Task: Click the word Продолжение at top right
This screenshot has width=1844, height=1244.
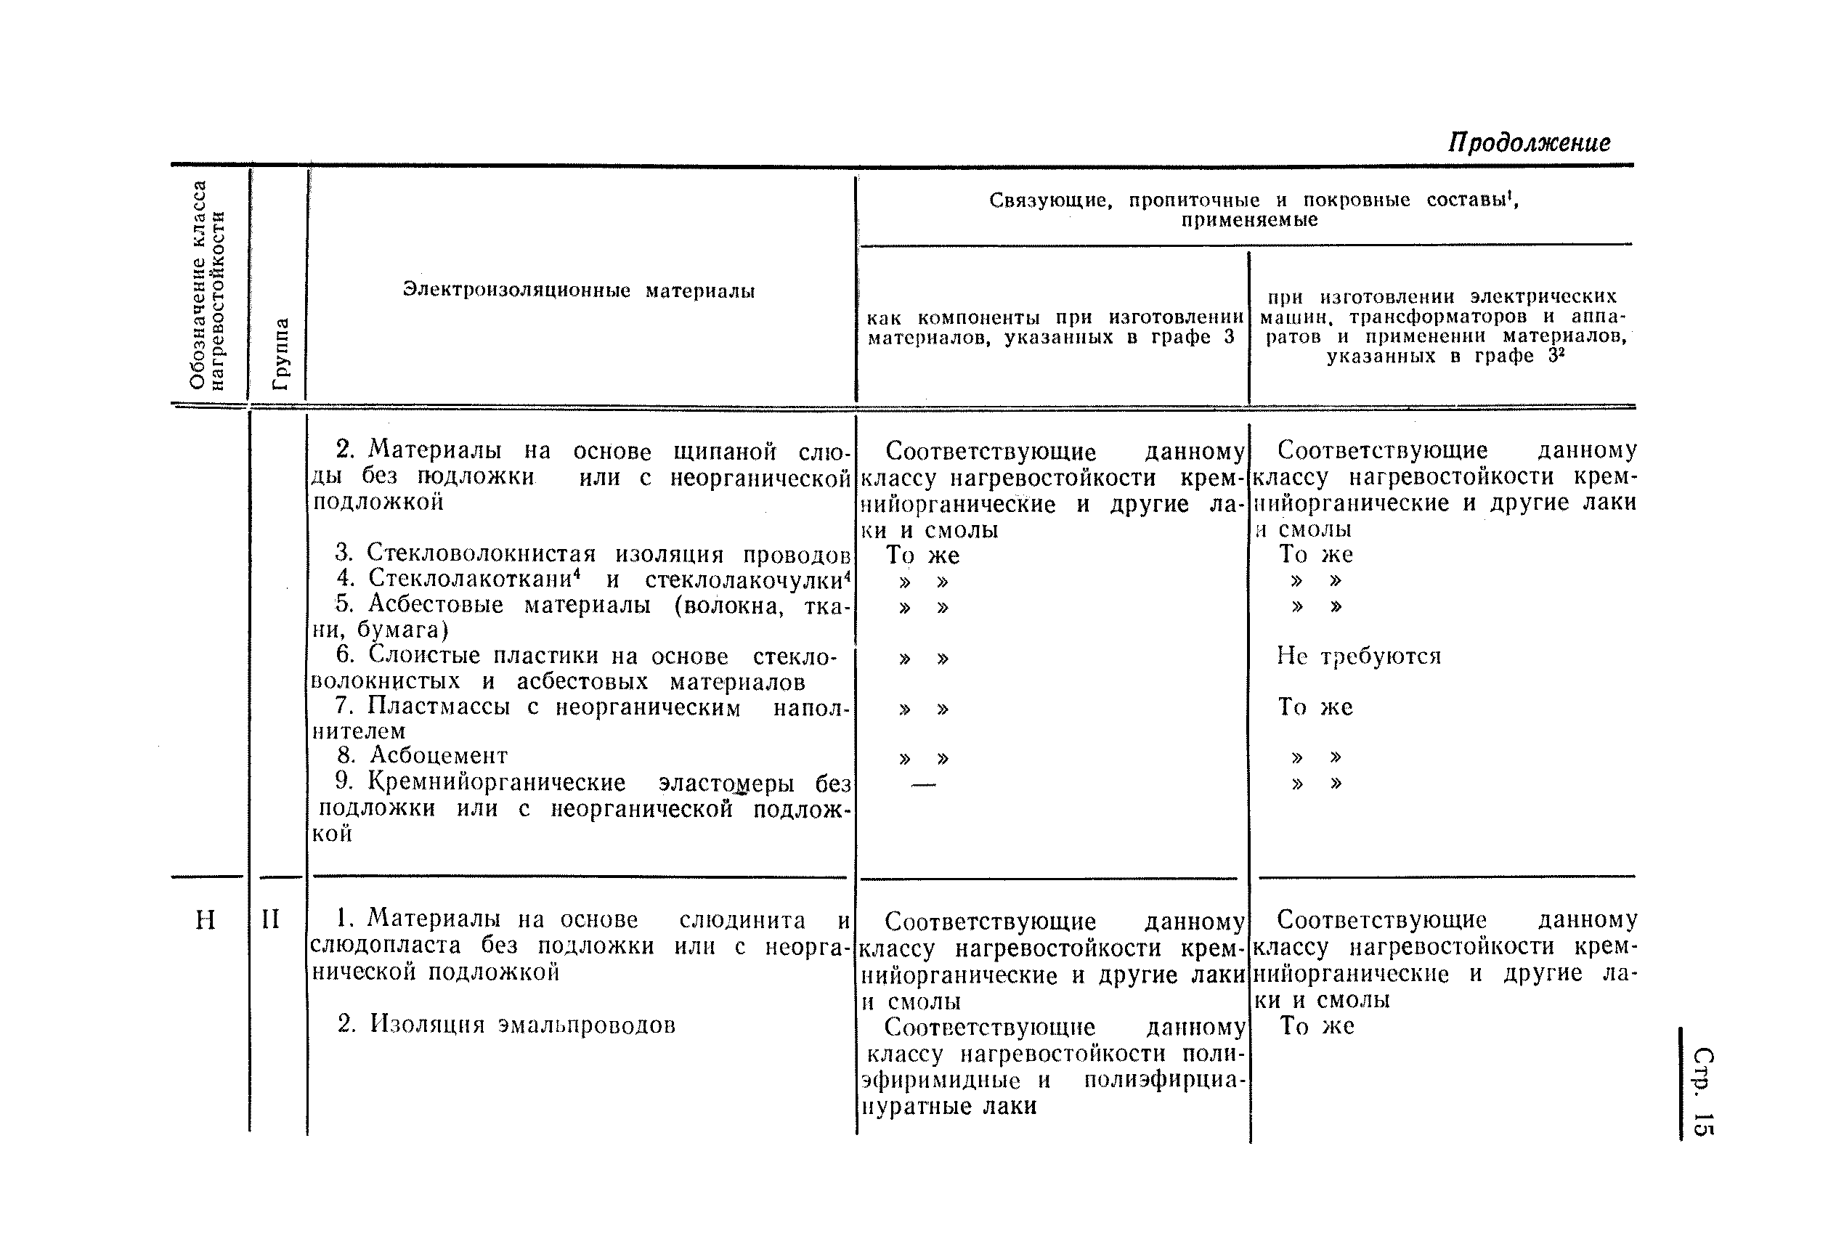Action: [x=1529, y=143]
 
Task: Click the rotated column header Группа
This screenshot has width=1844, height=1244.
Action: [x=280, y=354]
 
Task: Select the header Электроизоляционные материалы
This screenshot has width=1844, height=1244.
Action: [x=578, y=291]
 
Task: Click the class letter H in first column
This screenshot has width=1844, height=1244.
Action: [x=206, y=920]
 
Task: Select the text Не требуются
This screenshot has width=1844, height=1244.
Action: [x=1358, y=656]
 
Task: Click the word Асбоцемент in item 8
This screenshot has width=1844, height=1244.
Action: [x=439, y=755]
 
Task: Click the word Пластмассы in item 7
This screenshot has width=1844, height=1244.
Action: [x=439, y=706]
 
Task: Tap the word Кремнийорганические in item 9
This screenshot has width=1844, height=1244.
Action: [x=497, y=782]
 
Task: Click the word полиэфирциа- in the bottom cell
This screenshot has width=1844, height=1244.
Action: [x=1164, y=1081]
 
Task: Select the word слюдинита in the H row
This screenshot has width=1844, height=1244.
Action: [x=742, y=920]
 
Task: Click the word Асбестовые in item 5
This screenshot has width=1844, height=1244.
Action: [x=436, y=606]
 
